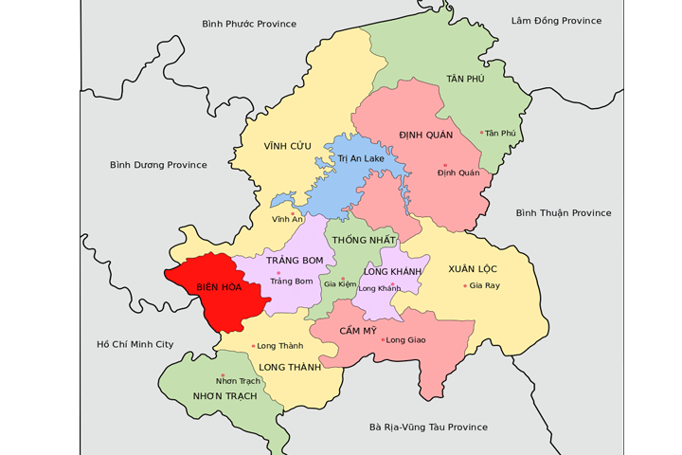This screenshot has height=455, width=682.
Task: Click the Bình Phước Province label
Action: (x=249, y=24)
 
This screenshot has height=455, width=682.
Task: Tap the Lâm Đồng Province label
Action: (x=556, y=21)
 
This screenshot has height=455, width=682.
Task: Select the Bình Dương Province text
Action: (x=158, y=165)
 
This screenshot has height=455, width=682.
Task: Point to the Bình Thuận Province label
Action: (x=564, y=213)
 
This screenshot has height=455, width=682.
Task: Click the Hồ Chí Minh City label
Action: (x=135, y=344)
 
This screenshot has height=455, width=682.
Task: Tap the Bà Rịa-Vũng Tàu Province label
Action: (x=428, y=428)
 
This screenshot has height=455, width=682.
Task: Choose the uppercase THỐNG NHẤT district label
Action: (x=361, y=241)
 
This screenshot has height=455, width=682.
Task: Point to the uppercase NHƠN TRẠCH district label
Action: (x=224, y=395)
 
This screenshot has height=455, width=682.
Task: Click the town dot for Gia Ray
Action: (x=465, y=285)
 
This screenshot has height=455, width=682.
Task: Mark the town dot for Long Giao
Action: (x=383, y=339)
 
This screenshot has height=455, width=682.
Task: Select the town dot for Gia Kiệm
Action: (x=343, y=279)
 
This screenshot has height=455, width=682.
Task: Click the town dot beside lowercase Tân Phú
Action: (x=481, y=133)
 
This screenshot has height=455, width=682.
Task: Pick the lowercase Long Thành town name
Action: (x=280, y=346)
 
